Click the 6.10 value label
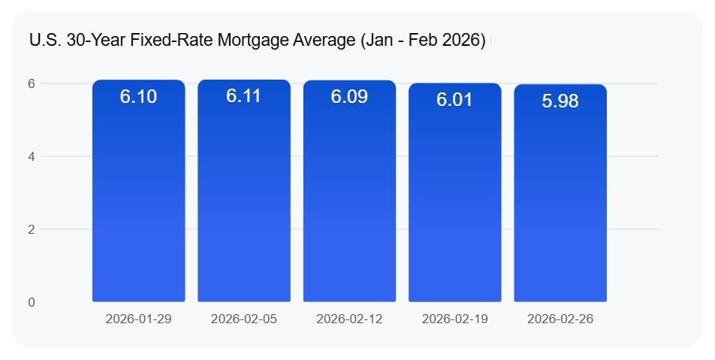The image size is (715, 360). tap(139, 97)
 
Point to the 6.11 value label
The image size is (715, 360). tap(244, 97)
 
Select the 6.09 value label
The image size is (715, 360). tap(349, 97)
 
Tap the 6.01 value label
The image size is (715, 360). tap(455, 100)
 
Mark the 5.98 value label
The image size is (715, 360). tap(560, 101)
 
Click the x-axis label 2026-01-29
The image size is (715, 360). tap(139, 319)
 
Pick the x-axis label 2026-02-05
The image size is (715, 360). tap(244, 319)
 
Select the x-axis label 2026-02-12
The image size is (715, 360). tap(349, 319)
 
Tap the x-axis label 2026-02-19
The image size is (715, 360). tap(455, 319)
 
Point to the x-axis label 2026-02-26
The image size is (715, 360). tap(560, 319)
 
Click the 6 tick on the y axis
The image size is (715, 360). tap(32, 83)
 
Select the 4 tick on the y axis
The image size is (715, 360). tap(32, 156)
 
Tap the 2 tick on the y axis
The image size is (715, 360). tap(32, 229)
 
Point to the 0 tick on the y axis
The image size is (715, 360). tap(32, 302)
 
